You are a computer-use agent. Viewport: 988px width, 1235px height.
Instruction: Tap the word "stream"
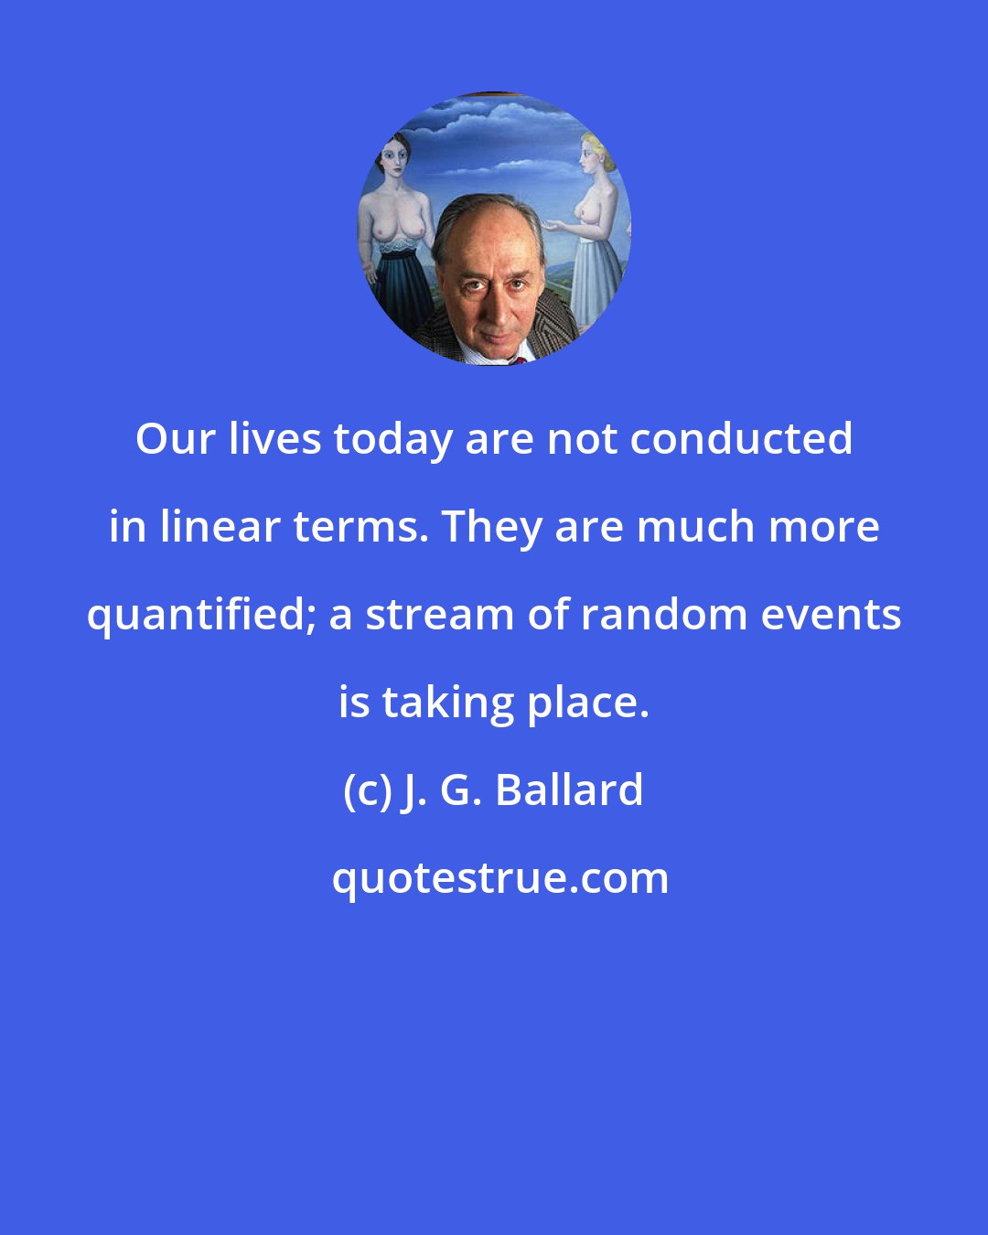438,615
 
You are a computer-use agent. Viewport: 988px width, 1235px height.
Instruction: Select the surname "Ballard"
570,790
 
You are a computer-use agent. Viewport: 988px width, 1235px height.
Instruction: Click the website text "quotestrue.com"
499,878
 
